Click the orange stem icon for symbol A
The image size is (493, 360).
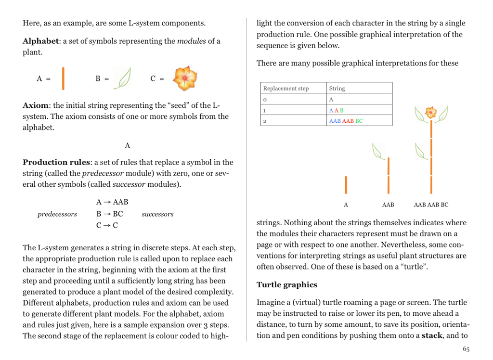click(63, 79)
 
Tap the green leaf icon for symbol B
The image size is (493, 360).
click(123, 78)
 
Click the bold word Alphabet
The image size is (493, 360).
click(40, 41)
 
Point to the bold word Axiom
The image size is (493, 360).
click(35, 105)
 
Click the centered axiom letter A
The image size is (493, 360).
click(127, 145)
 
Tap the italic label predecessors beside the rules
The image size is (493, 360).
click(57, 214)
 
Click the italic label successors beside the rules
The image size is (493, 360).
click(157, 214)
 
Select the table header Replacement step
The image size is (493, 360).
click(286, 89)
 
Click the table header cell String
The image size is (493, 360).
click(337, 89)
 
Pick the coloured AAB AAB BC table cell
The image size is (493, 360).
click(346, 121)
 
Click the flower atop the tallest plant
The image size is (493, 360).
click(431, 113)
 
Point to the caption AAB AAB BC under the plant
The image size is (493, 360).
click(431, 205)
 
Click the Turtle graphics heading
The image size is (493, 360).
click(287, 285)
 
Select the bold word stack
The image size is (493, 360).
click(431, 335)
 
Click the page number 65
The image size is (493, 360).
click(466, 349)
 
